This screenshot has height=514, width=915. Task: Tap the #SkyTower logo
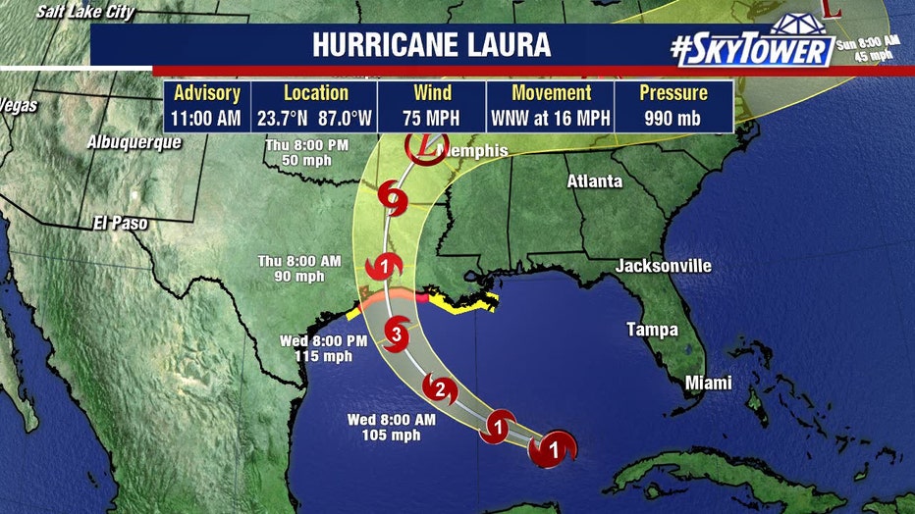click(752, 46)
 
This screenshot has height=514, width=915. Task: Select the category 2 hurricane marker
click(440, 388)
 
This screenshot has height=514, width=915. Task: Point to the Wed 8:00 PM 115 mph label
click(324, 348)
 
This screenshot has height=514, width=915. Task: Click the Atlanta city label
click(595, 181)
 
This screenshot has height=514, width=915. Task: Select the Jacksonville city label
click(663, 267)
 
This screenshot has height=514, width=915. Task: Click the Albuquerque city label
click(135, 142)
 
